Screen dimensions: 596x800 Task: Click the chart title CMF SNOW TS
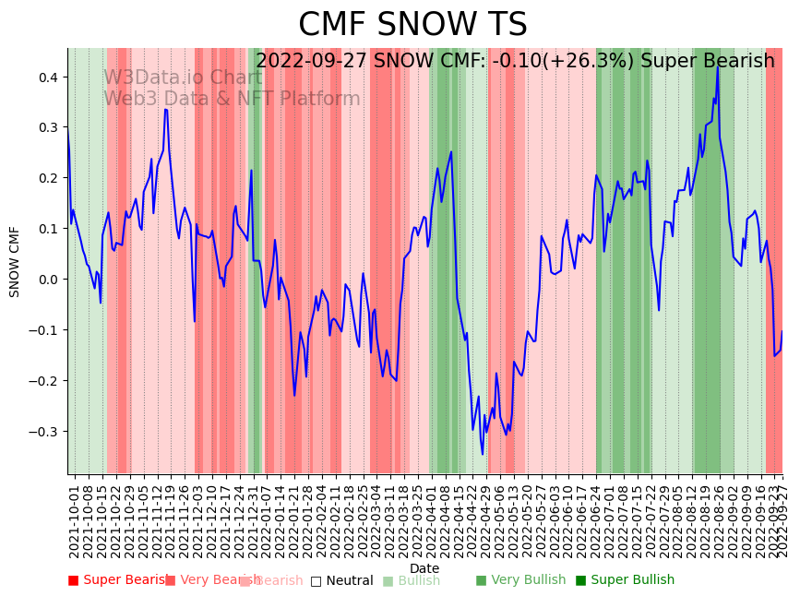pos(412,25)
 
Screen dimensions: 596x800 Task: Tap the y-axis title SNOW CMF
pos(15,261)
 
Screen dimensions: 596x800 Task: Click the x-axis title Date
pos(424,568)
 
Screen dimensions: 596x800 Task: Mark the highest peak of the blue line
pos(717,66)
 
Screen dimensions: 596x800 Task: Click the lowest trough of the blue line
pos(483,454)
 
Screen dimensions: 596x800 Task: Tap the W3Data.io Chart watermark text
pos(183,77)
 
